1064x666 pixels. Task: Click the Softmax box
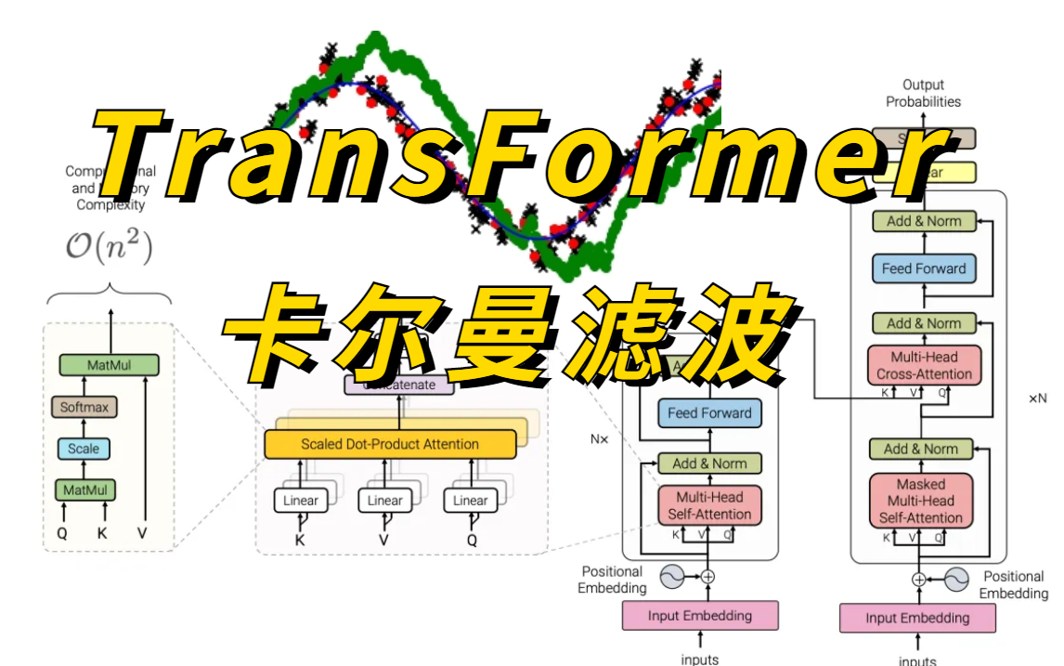(x=84, y=407)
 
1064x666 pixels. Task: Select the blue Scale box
(x=84, y=449)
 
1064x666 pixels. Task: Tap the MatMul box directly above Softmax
(x=109, y=365)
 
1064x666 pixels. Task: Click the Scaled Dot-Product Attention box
(x=390, y=444)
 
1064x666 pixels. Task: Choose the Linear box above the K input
(x=301, y=501)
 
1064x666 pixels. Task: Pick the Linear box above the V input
(x=385, y=501)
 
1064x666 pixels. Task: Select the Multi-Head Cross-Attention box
(x=924, y=366)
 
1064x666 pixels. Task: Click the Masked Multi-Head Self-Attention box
(x=921, y=501)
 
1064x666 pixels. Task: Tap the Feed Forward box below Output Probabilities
(x=924, y=268)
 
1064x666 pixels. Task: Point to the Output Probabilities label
(x=923, y=93)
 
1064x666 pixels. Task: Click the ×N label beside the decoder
(x=1037, y=398)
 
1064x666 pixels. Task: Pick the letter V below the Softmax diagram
(x=142, y=533)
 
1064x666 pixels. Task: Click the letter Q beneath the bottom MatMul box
(x=62, y=533)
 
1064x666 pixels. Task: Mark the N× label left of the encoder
(x=600, y=438)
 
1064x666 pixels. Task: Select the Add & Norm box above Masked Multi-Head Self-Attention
(x=921, y=449)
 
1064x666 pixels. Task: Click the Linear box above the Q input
(x=471, y=501)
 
